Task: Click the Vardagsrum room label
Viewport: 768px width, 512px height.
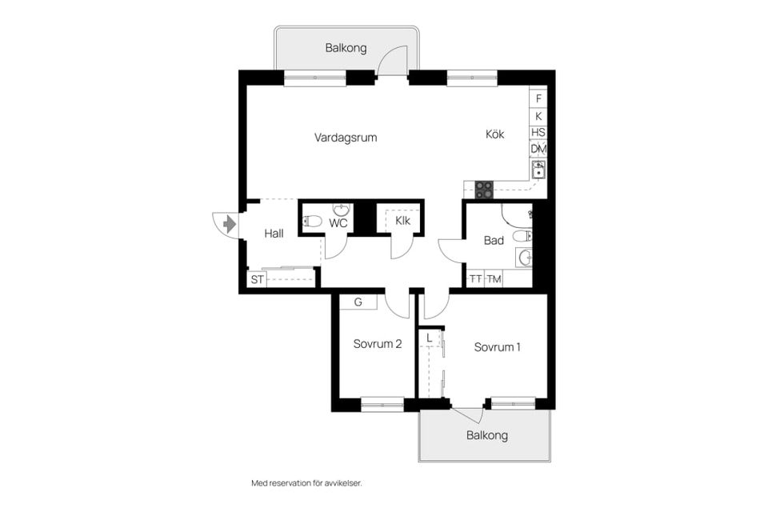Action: tap(346, 138)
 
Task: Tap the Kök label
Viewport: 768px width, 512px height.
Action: tap(494, 134)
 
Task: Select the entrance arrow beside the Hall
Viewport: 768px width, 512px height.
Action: tap(230, 224)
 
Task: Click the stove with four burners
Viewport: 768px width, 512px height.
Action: tap(485, 190)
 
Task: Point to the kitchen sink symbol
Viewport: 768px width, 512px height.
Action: tap(538, 169)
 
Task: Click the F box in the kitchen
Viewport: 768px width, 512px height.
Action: tap(538, 98)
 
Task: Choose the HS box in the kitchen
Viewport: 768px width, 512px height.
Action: tap(538, 132)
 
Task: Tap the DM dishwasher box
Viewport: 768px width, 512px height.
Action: tap(538, 149)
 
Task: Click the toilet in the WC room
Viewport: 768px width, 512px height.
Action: tap(312, 222)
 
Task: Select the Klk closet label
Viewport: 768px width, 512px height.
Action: tap(402, 221)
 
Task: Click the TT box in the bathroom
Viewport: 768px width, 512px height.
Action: tap(475, 279)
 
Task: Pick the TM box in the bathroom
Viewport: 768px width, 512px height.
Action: tap(494, 279)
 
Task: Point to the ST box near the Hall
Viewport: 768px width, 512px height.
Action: tap(257, 280)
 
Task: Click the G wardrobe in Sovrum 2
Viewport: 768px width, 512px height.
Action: tap(358, 302)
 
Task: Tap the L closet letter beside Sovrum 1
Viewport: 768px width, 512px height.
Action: tap(429, 338)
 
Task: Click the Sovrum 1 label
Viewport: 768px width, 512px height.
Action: tap(497, 347)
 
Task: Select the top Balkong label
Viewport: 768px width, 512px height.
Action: tap(346, 48)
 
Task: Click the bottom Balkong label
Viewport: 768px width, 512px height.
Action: tap(487, 435)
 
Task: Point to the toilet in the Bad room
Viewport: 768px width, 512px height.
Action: tap(522, 237)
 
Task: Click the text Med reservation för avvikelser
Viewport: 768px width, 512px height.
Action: tap(306, 483)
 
